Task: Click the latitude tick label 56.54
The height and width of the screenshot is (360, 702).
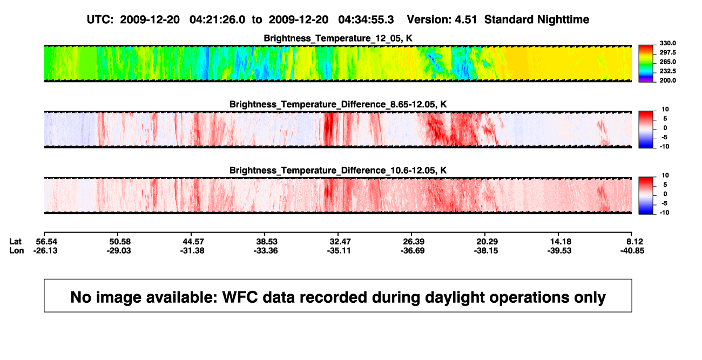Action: pos(46,242)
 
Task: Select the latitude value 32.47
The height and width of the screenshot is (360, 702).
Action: pos(340,242)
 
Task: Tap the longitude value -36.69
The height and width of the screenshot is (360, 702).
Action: pos(413,250)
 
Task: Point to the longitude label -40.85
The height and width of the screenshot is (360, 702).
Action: pos(632,250)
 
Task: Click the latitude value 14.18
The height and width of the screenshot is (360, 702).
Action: pos(561,242)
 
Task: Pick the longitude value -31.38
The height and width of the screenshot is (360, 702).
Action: pos(192,250)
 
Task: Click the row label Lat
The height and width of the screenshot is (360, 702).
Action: pos(15,242)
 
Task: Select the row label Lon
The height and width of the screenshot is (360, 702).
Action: pos(17,250)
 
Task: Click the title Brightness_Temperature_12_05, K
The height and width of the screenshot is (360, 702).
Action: pos(338,38)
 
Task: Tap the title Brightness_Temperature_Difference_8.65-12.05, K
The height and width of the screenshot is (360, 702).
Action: pos(338,104)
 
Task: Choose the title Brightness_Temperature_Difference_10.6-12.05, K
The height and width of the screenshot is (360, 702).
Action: pos(338,171)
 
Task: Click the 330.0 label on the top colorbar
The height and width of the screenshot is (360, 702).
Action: pos(667,43)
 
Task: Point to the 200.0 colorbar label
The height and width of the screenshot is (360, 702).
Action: pos(667,80)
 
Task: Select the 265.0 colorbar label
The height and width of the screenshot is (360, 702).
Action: pos(667,62)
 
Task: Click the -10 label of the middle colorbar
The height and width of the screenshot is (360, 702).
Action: pos(664,147)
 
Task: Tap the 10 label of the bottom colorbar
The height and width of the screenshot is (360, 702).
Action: pos(665,175)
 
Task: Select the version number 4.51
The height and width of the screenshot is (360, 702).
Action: pos(465,20)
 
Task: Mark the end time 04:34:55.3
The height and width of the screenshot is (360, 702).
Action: pos(366,20)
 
